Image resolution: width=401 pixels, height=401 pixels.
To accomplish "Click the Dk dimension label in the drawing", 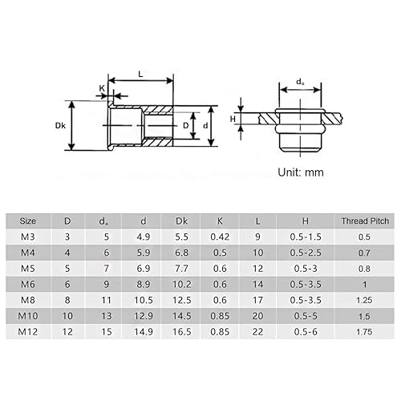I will pos(60,125).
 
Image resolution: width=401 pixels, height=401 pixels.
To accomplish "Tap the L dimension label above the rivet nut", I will pos(141,73).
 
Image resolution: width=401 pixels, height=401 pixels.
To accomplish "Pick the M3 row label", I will pos(27,237).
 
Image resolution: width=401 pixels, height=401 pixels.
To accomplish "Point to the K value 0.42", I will pos(219,237).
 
